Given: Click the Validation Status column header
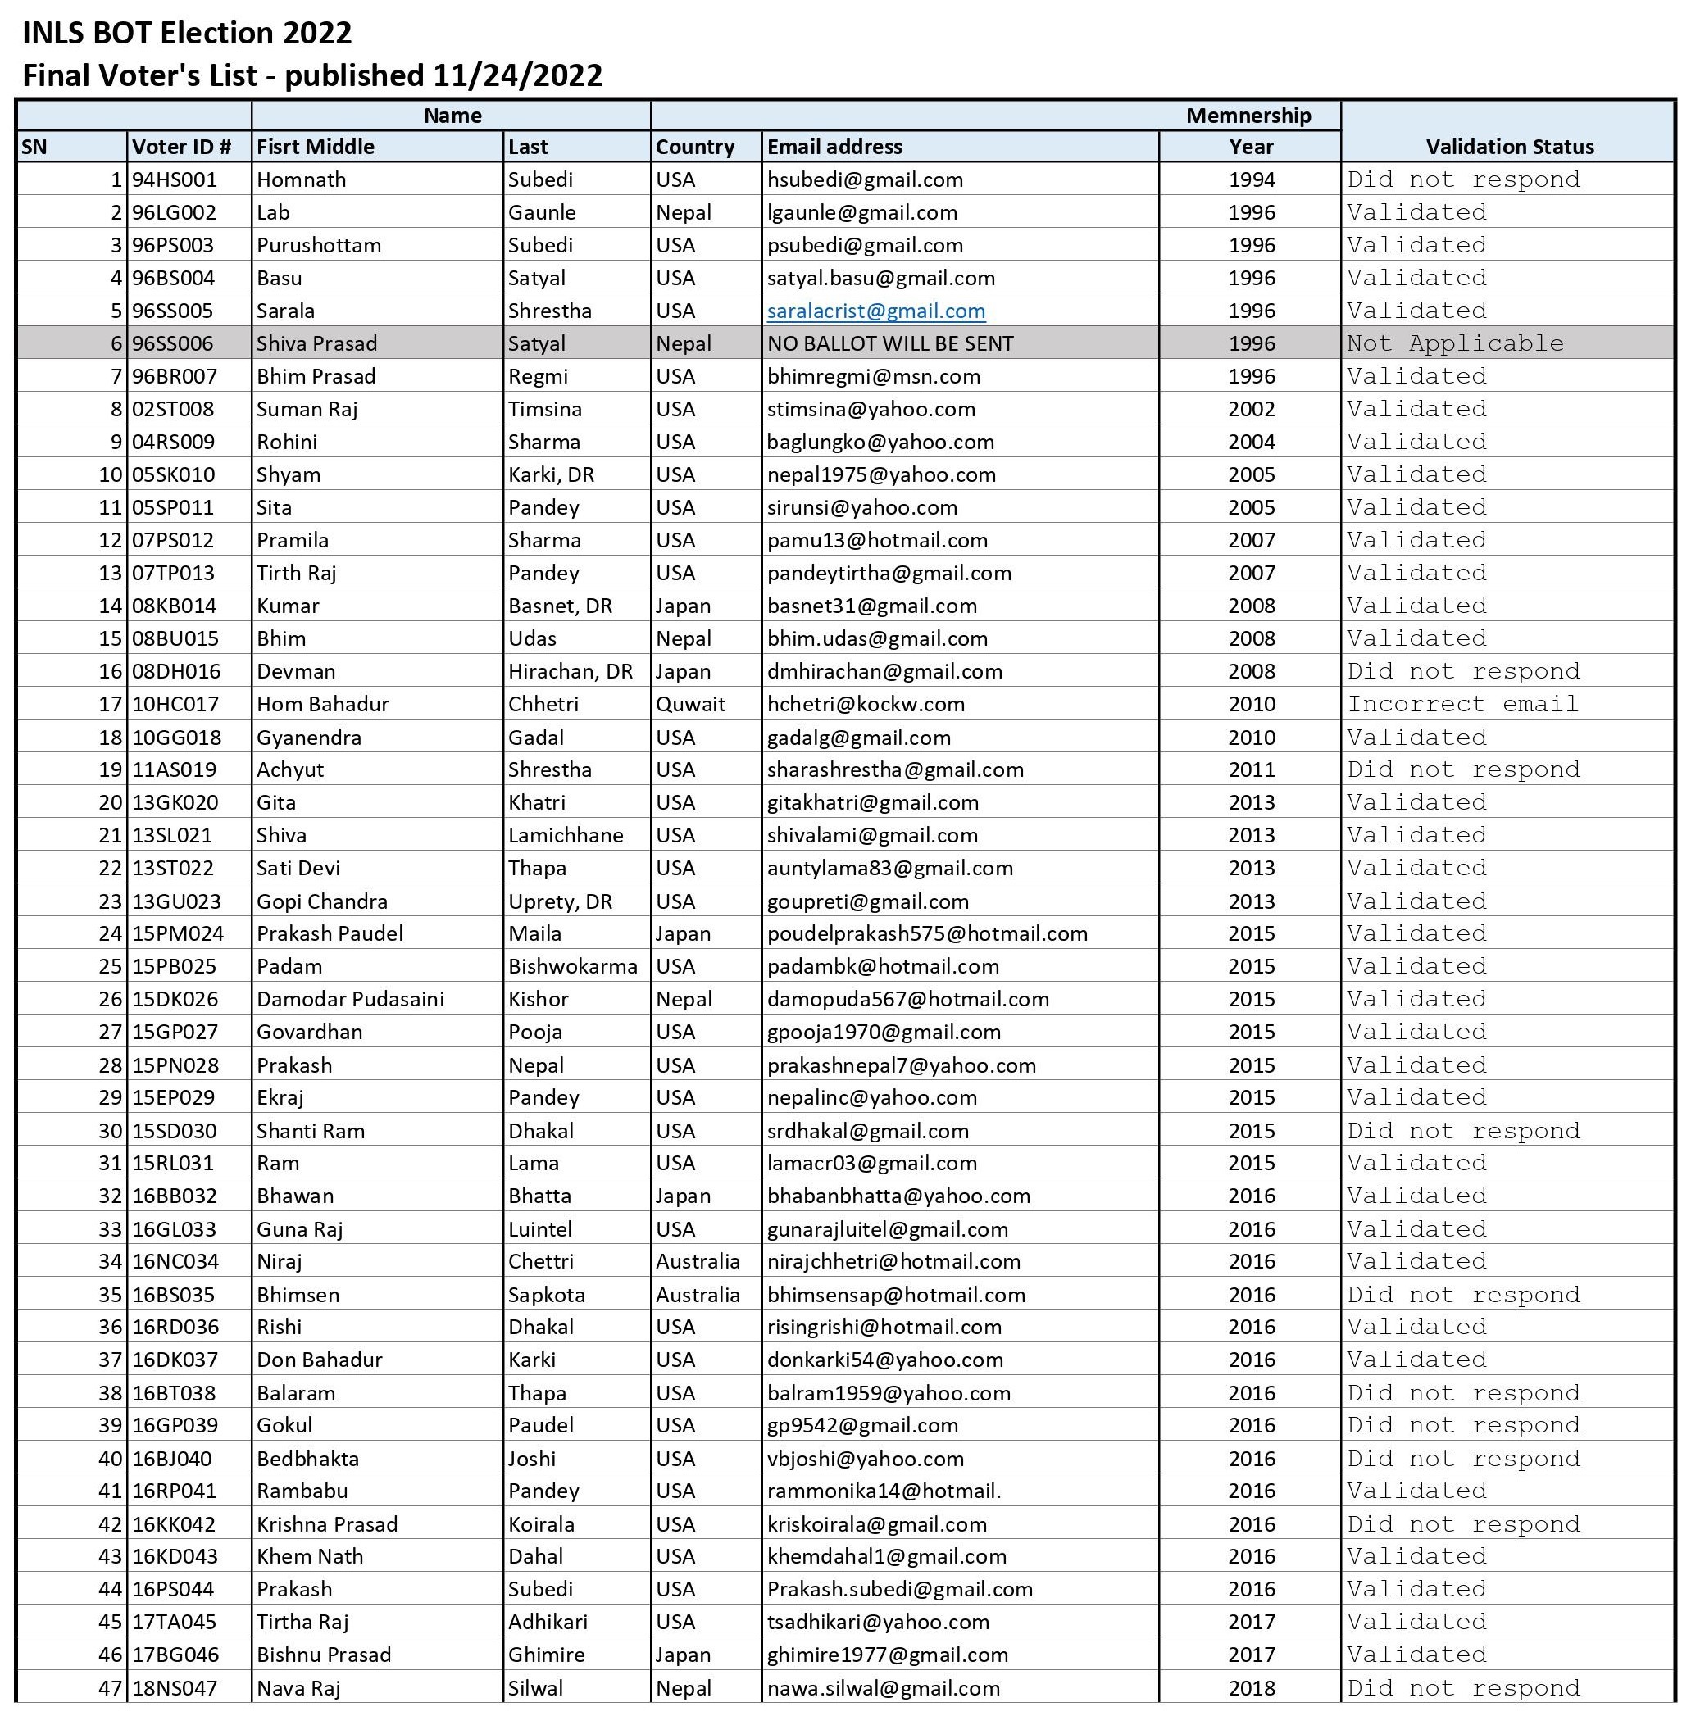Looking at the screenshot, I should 1509,147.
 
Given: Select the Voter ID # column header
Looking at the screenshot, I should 182,147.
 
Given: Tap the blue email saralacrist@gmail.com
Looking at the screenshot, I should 875,311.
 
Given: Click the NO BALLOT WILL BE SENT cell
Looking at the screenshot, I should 889,343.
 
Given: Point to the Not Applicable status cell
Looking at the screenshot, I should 1454,343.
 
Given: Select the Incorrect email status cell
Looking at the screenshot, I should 1462,704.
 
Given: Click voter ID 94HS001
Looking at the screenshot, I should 174,180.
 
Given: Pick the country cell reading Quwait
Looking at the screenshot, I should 690,704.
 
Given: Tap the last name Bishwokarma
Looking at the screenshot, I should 572,966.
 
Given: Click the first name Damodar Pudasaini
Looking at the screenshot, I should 350,999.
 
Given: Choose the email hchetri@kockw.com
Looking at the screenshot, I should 865,704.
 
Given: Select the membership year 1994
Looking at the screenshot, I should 1251,180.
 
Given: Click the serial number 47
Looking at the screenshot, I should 110,1688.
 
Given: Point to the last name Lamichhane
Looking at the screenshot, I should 566,834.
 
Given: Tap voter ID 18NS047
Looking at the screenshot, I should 174,1688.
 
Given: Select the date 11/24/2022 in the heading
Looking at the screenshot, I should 518,76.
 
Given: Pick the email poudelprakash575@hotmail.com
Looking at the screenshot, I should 927,933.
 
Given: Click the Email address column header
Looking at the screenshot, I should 834,147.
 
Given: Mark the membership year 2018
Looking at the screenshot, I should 1251,1688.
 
